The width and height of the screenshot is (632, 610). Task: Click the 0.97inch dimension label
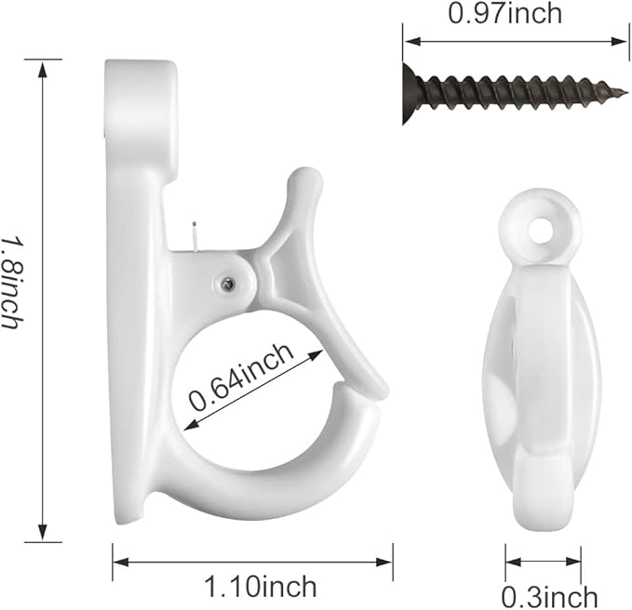click(x=505, y=13)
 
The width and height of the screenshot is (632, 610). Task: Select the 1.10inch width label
click(x=261, y=586)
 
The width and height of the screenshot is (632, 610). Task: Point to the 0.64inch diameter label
click(x=241, y=377)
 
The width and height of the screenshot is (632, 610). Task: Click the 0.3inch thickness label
click(x=550, y=597)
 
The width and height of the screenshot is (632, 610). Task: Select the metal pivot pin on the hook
click(x=228, y=285)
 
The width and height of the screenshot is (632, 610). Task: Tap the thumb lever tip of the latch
click(x=305, y=178)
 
